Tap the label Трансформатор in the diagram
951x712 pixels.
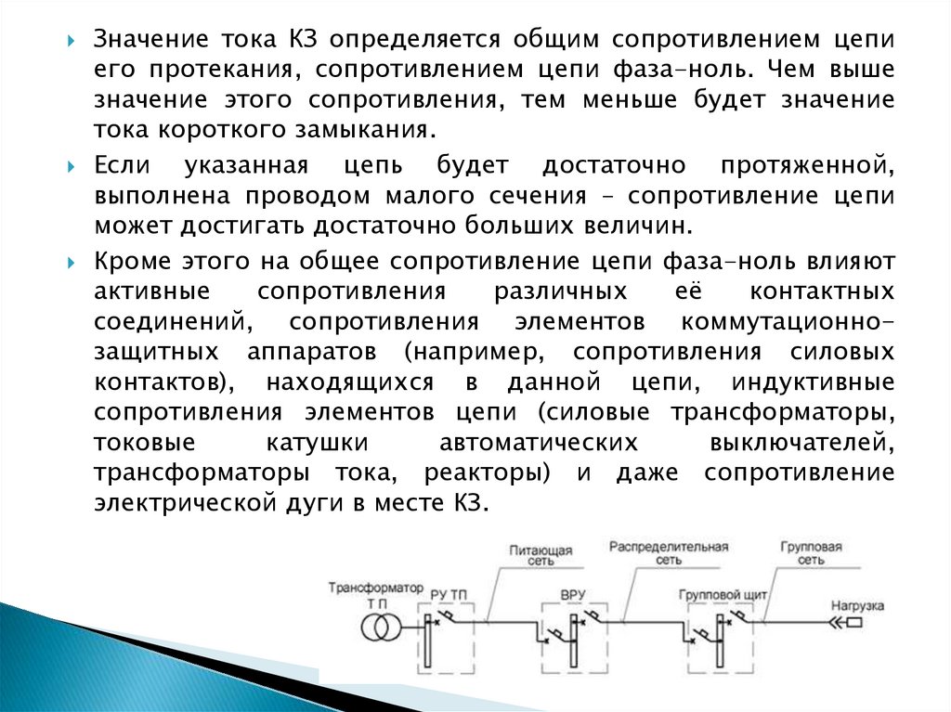pos(375,588)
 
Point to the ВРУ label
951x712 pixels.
pos(573,592)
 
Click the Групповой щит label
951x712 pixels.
pos(717,592)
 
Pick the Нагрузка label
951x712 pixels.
pos(856,606)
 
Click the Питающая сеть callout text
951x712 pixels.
pos(541,554)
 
